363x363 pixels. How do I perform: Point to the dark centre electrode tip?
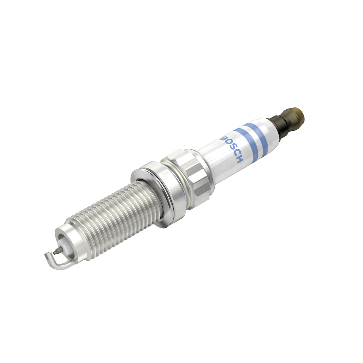tap(57, 252)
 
